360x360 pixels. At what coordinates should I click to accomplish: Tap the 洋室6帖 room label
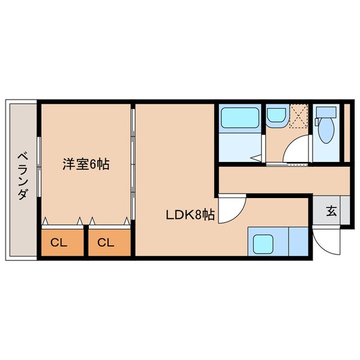tap(86, 164)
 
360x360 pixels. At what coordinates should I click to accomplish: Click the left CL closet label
tap(58, 243)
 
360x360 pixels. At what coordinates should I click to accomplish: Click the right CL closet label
tap(106, 243)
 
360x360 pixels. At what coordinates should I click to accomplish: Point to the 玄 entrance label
tap(331, 211)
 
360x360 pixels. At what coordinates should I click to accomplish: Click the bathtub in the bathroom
tap(239, 118)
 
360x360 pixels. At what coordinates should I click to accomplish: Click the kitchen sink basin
tap(263, 243)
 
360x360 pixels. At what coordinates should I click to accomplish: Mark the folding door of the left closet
tap(62, 221)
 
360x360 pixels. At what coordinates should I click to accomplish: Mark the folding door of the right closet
tap(109, 221)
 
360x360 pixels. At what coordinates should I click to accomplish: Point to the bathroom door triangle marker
tap(256, 159)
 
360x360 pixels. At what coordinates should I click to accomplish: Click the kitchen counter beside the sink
tap(296, 242)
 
